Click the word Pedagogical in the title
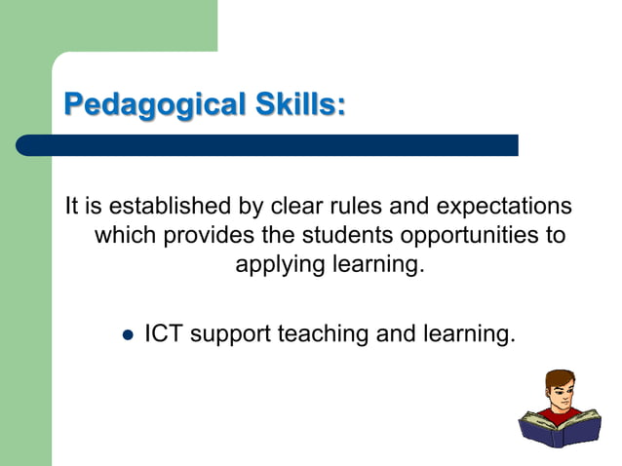[x=146, y=103]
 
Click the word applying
[x=279, y=265]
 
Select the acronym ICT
[x=164, y=333]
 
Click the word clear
[x=296, y=208]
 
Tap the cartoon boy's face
[x=561, y=392]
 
